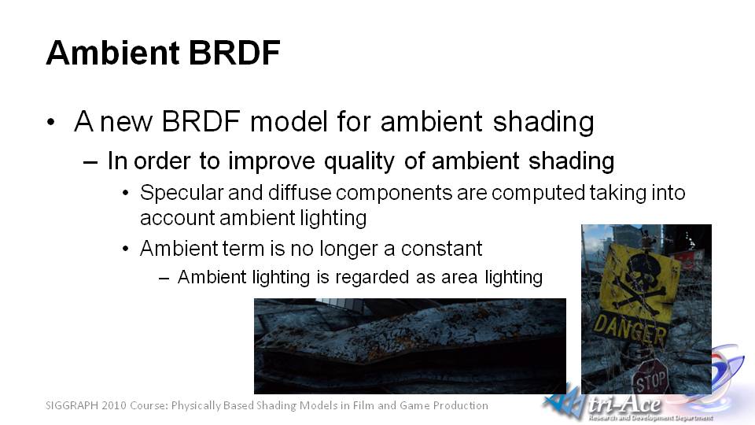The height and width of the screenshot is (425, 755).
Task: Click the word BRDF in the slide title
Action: click(234, 52)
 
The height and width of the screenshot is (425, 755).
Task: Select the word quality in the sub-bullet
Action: click(359, 161)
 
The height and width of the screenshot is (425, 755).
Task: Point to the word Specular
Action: click(182, 194)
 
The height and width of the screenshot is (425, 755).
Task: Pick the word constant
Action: click(441, 249)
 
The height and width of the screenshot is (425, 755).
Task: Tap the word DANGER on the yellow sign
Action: click(629, 330)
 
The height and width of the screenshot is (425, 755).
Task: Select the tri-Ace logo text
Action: click(624, 405)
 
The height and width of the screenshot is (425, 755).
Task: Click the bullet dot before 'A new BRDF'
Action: click(51, 122)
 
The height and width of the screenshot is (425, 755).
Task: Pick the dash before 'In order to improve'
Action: click(90, 162)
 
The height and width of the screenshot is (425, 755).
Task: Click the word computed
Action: click(538, 194)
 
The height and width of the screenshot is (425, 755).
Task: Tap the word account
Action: click(177, 218)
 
